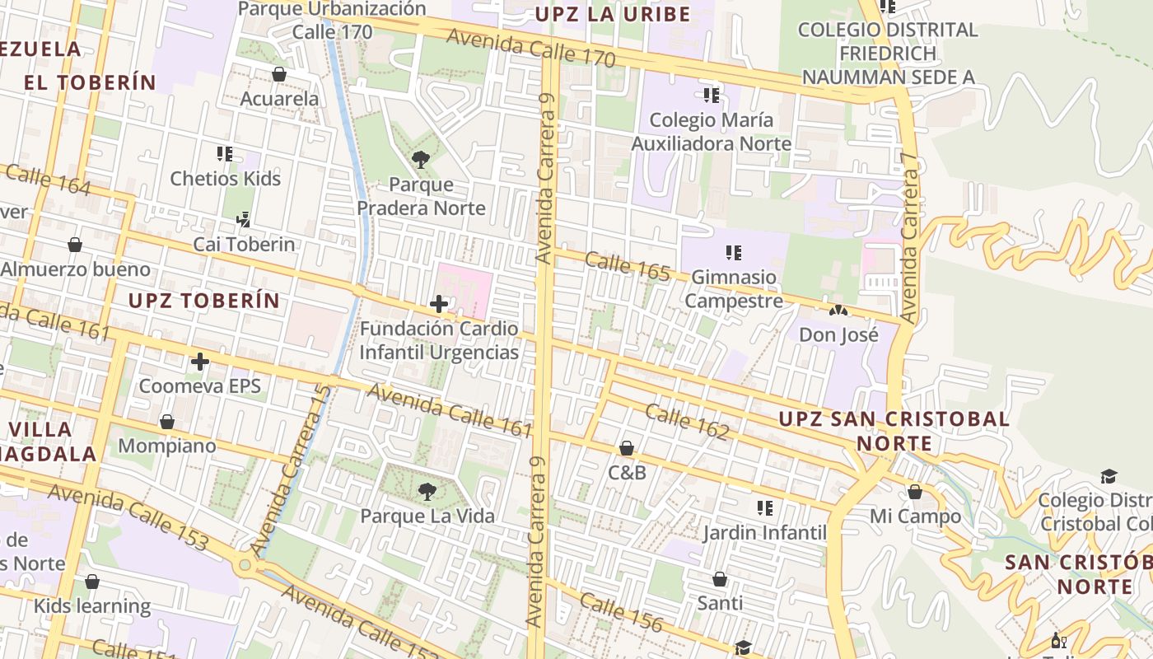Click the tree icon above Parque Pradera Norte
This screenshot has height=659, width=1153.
421,159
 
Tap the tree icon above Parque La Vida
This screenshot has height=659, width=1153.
427,492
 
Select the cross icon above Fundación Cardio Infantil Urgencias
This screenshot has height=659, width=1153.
439,304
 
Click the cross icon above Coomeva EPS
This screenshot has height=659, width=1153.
199,362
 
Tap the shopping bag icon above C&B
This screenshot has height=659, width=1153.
626,448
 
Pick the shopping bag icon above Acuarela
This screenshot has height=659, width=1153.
279,74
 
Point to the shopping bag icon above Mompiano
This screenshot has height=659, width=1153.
167,422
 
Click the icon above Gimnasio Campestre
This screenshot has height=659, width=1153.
733,252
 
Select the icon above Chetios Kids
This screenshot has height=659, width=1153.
225,153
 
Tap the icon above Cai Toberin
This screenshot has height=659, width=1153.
243,219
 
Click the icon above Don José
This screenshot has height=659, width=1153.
838,311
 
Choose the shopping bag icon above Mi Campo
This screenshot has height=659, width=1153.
915,492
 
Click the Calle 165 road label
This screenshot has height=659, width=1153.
628,266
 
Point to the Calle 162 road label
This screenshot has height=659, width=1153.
687,421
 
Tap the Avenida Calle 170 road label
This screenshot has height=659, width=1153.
531,48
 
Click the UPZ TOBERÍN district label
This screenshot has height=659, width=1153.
204,301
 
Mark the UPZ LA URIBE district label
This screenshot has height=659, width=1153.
613,14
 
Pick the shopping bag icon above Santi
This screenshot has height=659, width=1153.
720,579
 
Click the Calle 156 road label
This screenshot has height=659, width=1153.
621,612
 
